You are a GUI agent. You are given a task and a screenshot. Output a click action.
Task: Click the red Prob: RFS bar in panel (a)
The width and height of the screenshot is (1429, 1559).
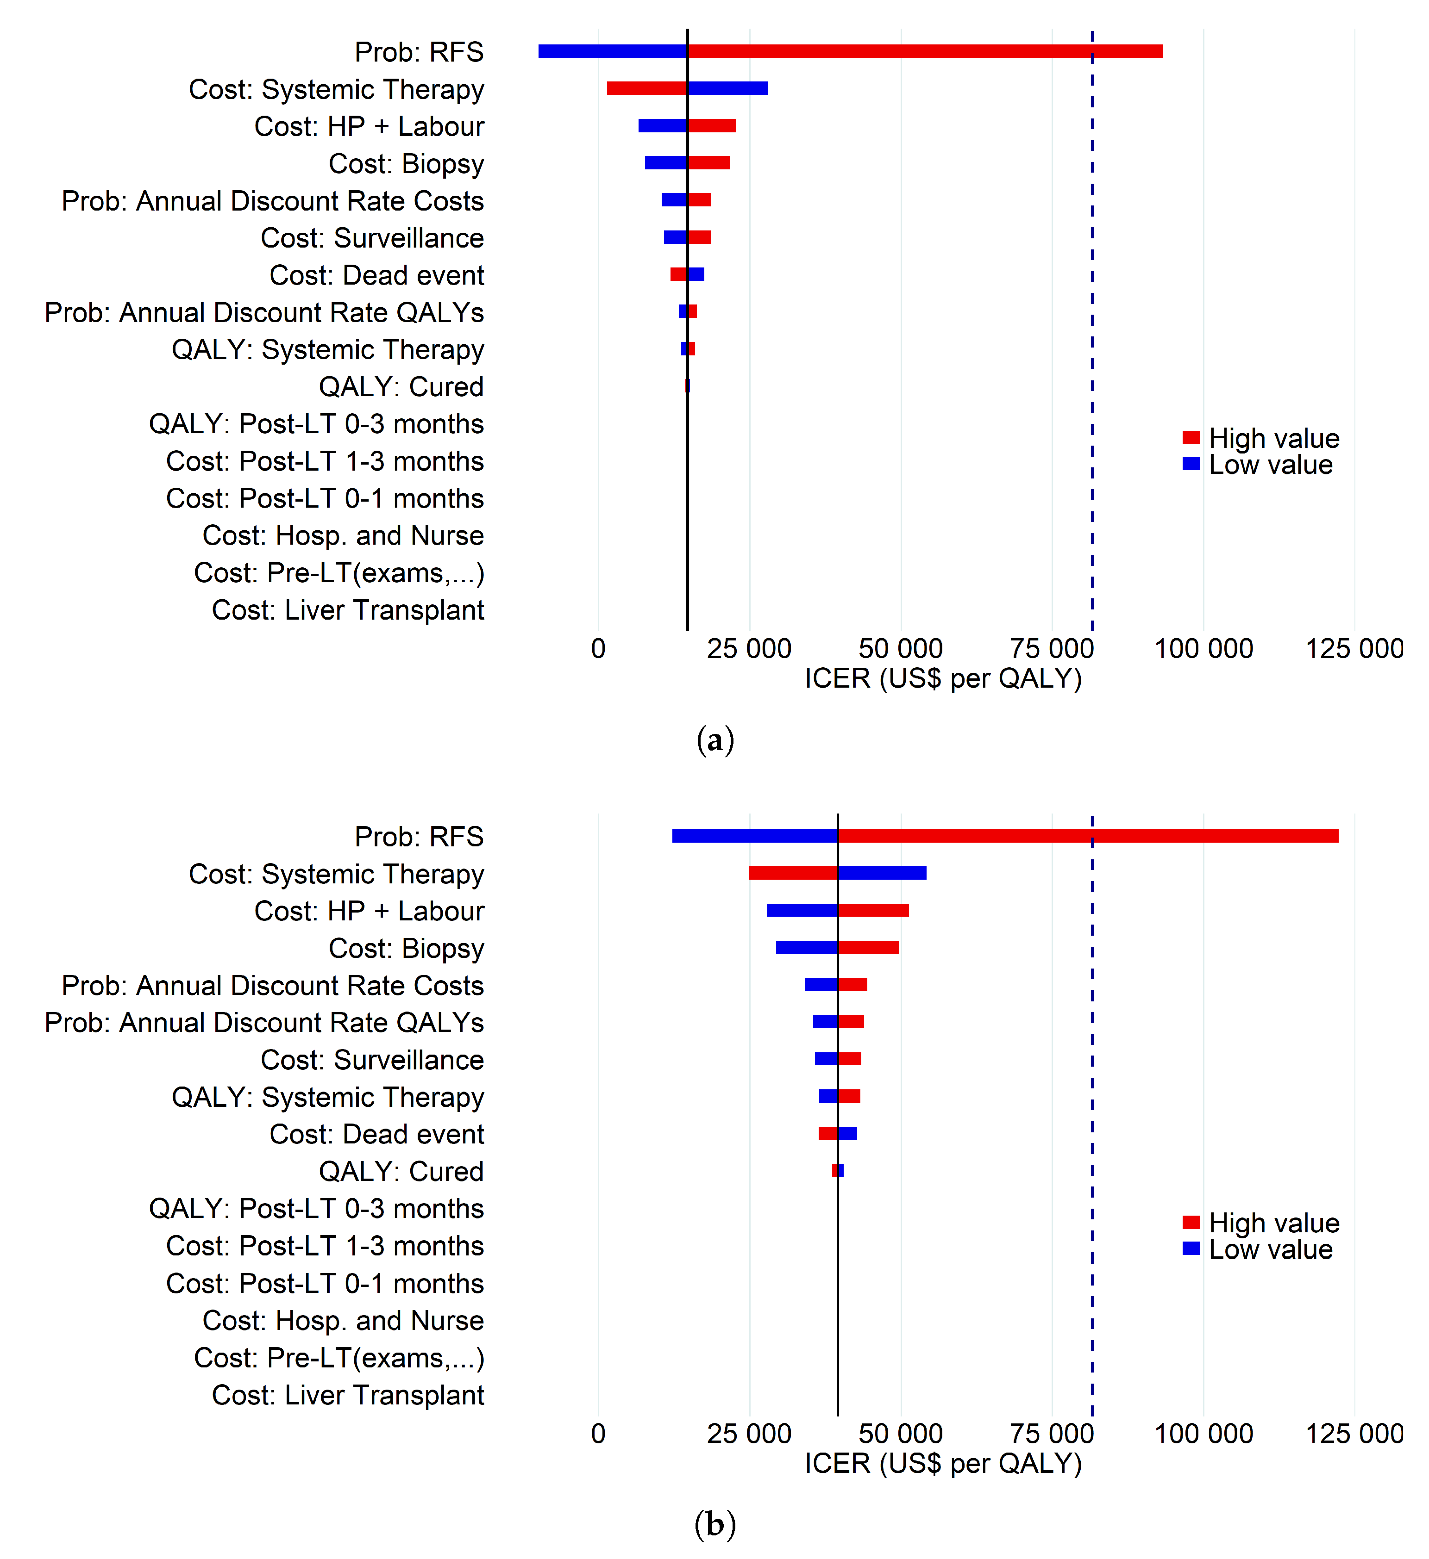pos(925,51)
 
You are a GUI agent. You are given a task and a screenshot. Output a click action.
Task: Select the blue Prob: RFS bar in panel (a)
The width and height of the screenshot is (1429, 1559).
pos(612,51)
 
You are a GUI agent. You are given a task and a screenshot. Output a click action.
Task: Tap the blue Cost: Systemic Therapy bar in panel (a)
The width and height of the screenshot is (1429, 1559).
pos(727,88)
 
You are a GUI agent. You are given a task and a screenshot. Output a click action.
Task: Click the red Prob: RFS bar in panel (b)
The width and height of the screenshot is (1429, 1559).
pos(1087,836)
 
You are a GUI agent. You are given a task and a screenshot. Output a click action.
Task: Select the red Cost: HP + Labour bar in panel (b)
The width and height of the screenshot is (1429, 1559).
pos(873,910)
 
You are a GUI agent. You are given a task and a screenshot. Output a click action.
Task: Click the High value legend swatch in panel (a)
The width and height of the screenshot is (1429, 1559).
pos(1191,438)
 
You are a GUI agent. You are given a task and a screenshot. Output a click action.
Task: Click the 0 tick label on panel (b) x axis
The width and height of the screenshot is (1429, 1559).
pos(598,1433)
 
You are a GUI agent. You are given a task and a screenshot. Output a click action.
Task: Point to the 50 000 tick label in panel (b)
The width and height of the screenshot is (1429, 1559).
pos(901,1433)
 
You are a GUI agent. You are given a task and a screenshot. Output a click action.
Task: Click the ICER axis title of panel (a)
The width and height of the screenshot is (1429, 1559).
pos(943,678)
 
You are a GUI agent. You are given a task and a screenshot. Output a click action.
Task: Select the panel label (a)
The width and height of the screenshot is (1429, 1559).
pos(715,740)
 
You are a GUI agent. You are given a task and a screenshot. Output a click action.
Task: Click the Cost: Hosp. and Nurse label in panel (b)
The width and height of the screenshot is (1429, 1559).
pos(343,1320)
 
